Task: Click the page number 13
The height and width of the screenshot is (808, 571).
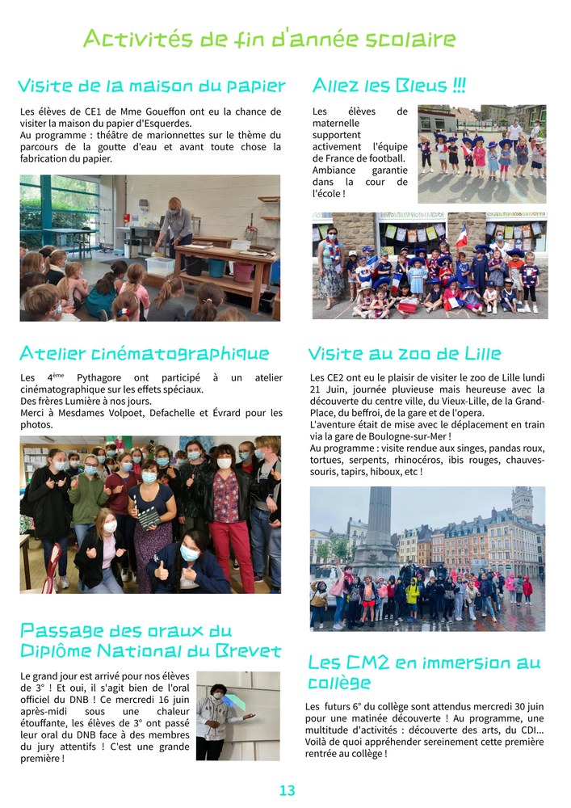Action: click(x=287, y=790)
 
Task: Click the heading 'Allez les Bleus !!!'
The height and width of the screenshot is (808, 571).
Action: click(x=388, y=86)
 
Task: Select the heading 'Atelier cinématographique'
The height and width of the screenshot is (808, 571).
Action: click(x=145, y=353)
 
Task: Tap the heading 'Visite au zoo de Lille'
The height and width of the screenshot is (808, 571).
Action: click(x=405, y=353)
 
